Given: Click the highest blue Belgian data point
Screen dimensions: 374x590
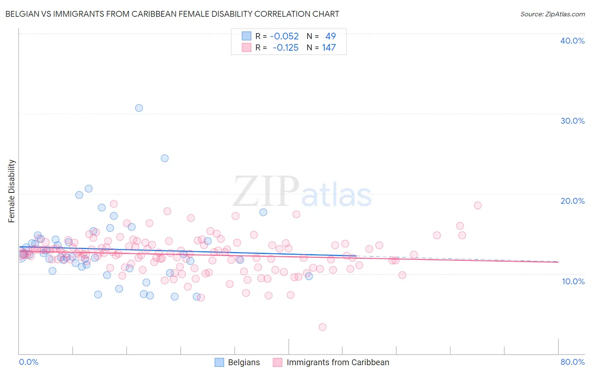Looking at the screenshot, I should pyautogui.click(x=139, y=108).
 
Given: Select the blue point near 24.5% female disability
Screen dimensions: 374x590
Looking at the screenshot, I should pyautogui.click(x=164, y=158).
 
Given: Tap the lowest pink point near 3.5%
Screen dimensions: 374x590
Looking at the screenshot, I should pyautogui.click(x=322, y=327).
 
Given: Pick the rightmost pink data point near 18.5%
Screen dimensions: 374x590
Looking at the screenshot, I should pyautogui.click(x=478, y=205).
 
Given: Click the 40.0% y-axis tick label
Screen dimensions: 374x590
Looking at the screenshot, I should pyautogui.click(x=572, y=41).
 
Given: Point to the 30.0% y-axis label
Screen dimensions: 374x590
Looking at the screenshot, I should pyautogui.click(x=572, y=121).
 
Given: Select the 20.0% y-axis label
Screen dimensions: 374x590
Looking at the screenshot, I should pyautogui.click(x=572, y=201).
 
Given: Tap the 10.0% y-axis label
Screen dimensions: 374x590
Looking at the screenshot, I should pyautogui.click(x=573, y=281).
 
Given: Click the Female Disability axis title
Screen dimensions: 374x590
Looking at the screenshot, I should pyautogui.click(x=12, y=191).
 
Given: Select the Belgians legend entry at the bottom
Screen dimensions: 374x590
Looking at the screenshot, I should pyautogui.click(x=244, y=363).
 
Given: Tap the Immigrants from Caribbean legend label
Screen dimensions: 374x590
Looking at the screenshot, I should pyautogui.click(x=338, y=363).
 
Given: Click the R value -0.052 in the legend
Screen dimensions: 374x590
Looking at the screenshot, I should pyautogui.click(x=285, y=36).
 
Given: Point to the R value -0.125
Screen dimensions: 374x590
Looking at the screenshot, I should pyautogui.click(x=285, y=48).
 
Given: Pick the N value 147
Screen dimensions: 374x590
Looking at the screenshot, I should pyautogui.click(x=329, y=48).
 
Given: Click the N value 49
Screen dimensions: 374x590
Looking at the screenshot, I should pyautogui.click(x=331, y=36).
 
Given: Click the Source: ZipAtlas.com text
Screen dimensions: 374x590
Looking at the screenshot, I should pyautogui.click(x=552, y=14).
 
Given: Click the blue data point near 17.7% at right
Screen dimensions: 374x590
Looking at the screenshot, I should pyautogui.click(x=263, y=212).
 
